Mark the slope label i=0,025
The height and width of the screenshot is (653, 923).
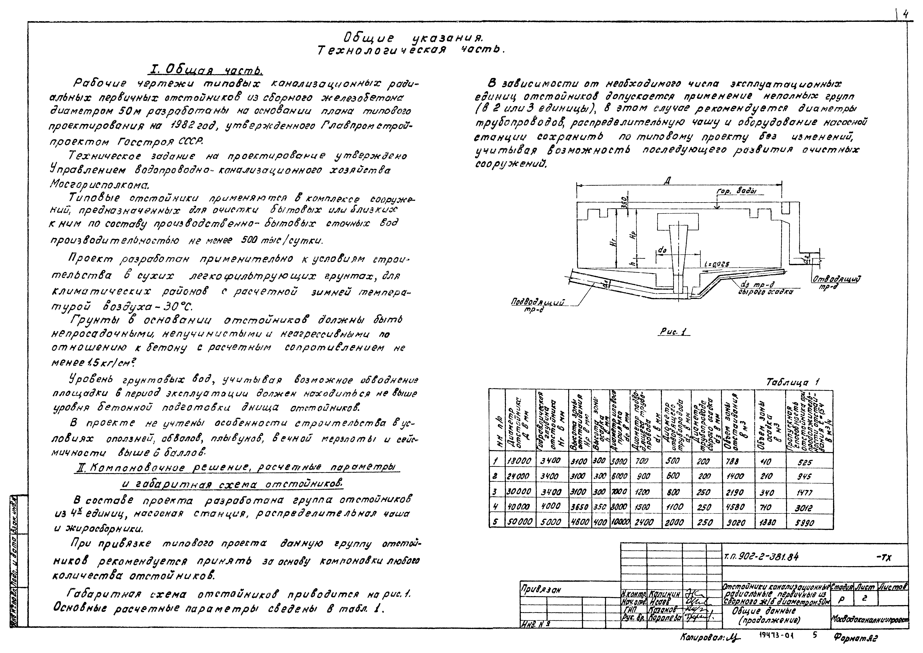717,264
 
